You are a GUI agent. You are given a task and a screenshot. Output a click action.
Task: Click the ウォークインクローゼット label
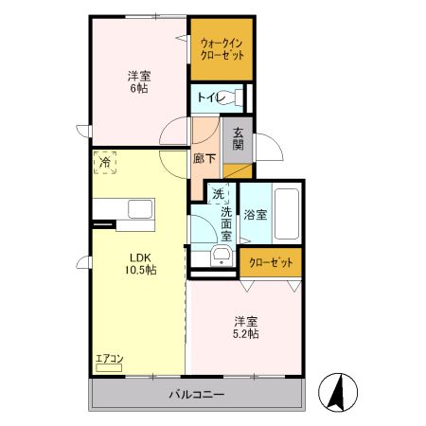(223, 49)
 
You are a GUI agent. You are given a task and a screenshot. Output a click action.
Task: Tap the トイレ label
(209, 97)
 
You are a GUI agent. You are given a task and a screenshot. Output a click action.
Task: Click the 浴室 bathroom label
(255, 214)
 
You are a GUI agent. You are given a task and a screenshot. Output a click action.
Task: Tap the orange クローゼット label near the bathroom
(271, 262)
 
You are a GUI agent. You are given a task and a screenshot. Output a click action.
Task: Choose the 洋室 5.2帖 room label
(247, 327)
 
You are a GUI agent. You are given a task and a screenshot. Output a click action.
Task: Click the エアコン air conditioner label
(110, 359)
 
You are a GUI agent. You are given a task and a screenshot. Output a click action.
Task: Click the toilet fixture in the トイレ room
(239, 97)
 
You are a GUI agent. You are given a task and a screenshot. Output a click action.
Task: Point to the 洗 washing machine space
(218, 194)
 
